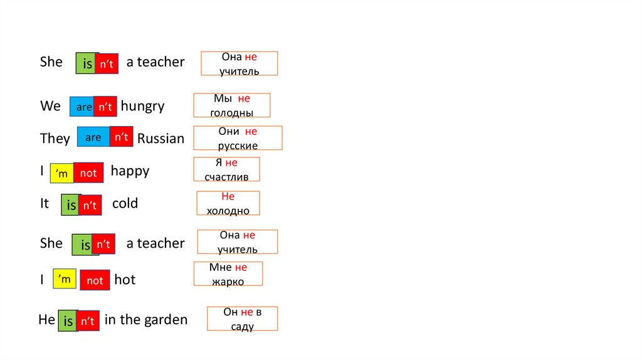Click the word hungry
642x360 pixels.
[142, 107]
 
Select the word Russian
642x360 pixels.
[160, 139]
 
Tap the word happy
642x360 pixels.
[130, 171]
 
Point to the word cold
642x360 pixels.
[125, 204]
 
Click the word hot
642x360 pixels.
[125, 280]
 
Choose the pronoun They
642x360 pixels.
[55, 139]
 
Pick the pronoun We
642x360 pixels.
[50, 107]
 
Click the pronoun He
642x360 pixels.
[46, 320]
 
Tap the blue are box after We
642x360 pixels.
[82, 107]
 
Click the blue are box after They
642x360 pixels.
[93, 137]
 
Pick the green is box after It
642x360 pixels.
[71, 205]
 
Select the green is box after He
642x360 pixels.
[68, 321]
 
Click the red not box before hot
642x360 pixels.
[95, 280]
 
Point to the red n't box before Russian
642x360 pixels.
[121, 137]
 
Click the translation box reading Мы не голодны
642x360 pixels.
[232, 105]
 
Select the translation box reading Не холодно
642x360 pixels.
[228, 203]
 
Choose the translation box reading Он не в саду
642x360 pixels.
[242, 319]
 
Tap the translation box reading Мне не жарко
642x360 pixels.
[228, 274]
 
